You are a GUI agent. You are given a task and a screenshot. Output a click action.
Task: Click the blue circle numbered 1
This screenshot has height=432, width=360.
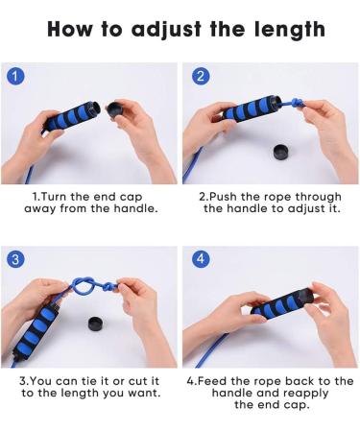[15, 77]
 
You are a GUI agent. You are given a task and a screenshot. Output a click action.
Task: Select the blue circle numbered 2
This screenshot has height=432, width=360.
[200, 77]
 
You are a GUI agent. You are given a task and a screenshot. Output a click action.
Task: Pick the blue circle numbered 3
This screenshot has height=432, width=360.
[15, 260]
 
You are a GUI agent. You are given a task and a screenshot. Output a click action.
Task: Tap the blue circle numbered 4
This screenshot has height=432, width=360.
[200, 260]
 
